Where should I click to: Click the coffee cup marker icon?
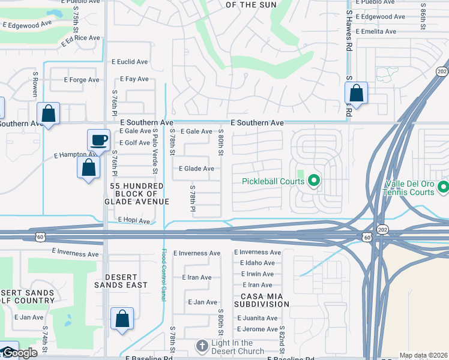tap(99, 140)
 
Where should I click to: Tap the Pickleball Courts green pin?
tap(313, 181)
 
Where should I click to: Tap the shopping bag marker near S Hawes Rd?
tap(357, 94)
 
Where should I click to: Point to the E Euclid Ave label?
tap(131, 62)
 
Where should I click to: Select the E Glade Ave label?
tap(196, 169)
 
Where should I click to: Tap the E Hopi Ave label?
tap(134, 221)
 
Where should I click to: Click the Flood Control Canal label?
tap(163, 275)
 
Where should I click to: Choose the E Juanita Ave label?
tap(257, 319)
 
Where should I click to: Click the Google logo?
tap(19, 353)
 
